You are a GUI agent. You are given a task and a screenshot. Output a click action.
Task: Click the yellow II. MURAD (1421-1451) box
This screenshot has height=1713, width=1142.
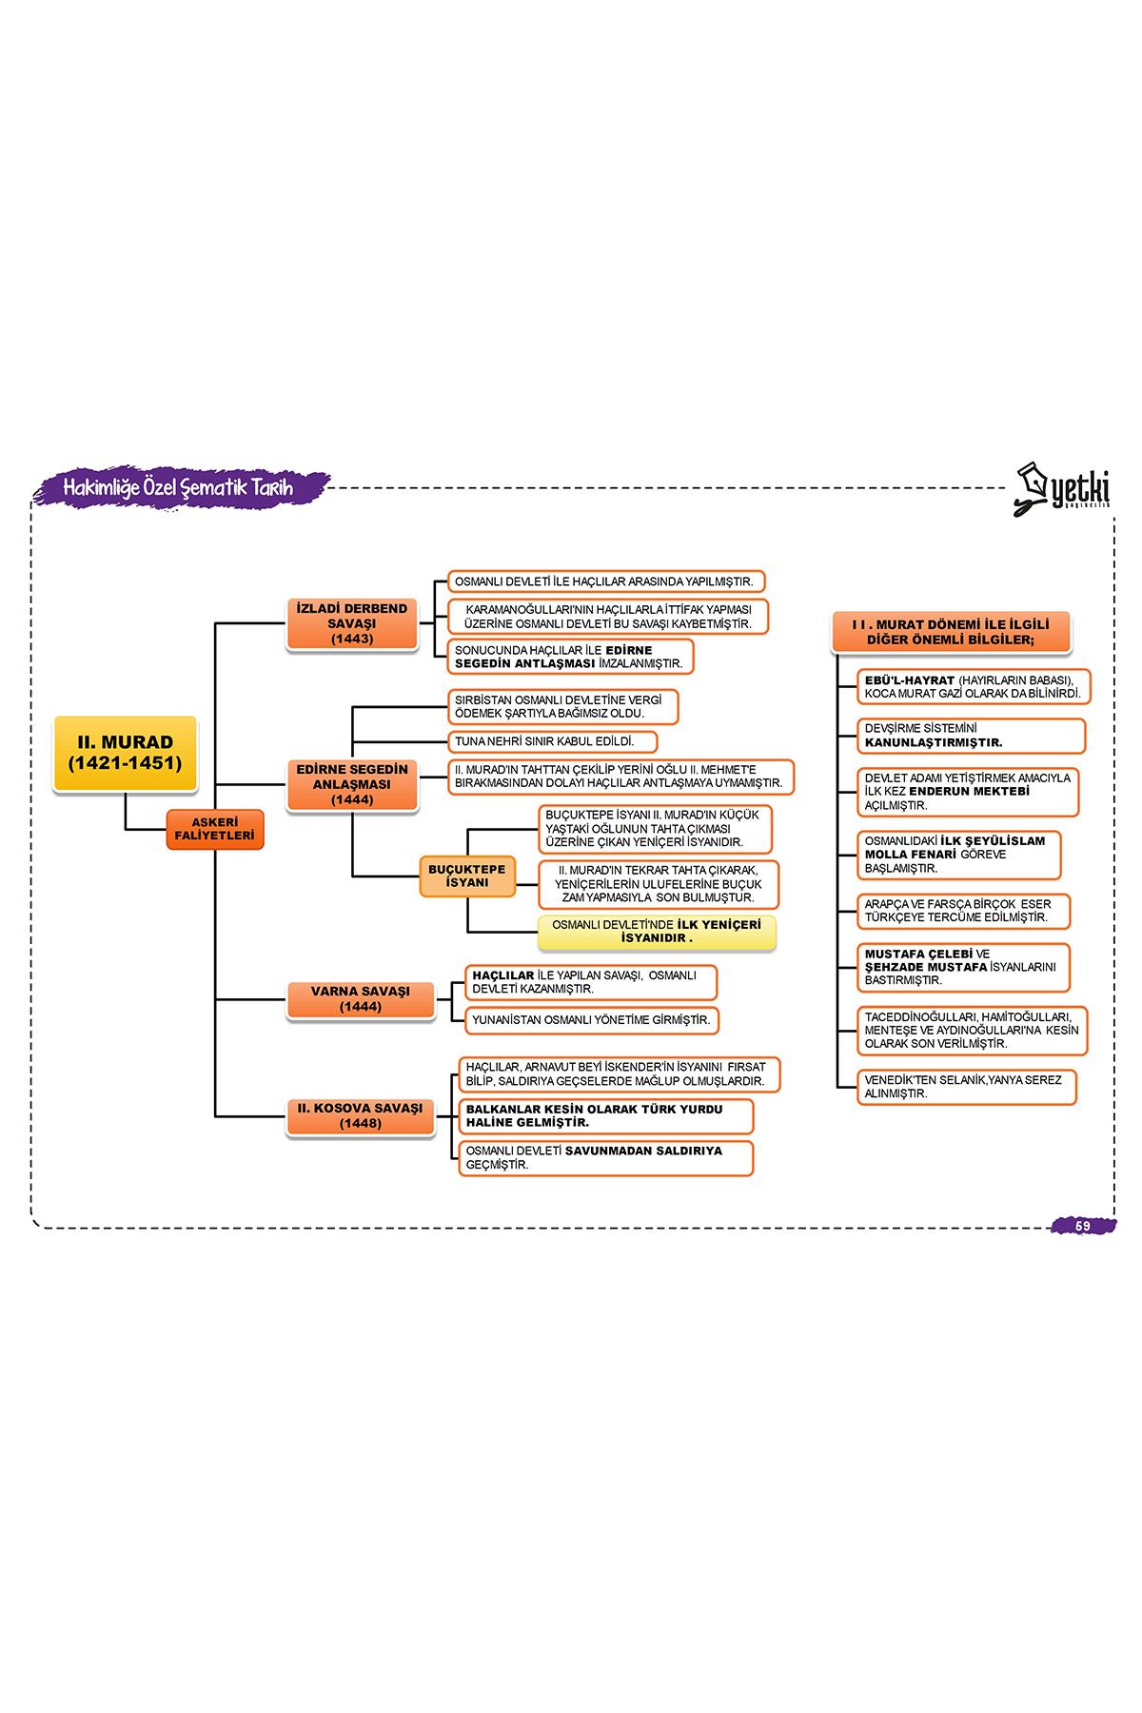pos(126,754)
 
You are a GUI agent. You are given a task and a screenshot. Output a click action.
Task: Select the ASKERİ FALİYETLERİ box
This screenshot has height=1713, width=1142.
pos(215,829)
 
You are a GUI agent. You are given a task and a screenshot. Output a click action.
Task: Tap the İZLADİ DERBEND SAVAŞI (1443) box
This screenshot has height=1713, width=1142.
pos(352,623)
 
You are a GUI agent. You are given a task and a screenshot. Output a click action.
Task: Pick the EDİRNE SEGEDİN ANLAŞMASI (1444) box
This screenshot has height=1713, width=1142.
pos(352,784)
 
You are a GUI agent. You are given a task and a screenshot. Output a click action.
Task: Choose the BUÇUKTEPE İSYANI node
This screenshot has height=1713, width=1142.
pos(467,876)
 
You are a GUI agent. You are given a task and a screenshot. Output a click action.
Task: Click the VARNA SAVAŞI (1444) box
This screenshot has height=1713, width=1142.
pos(360,998)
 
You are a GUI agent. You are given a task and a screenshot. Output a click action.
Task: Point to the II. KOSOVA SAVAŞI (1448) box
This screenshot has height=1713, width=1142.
pos(360,1115)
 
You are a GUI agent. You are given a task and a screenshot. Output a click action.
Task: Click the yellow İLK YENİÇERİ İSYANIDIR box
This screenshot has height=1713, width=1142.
pos(657,932)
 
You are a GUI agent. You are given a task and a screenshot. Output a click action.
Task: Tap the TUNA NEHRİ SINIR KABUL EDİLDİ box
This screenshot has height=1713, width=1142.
pos(551,741)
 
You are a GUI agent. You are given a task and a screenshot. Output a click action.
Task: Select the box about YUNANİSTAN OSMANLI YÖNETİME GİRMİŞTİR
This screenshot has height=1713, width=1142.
pos(591,1020)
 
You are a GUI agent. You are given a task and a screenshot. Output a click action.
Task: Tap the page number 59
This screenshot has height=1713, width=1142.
pos(1083,1226)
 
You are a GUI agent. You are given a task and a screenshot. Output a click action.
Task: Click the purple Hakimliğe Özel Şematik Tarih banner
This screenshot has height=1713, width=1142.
pos(181,487)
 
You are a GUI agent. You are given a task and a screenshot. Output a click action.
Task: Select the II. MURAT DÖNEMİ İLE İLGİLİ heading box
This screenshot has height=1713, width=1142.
pos(951,632)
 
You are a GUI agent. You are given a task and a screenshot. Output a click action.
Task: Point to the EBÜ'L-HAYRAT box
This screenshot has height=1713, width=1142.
pos(973,686)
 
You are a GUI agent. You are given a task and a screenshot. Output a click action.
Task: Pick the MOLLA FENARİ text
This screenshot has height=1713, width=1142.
pos(910,855)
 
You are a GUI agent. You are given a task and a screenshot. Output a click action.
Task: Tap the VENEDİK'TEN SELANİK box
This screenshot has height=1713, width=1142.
pos(966,1087)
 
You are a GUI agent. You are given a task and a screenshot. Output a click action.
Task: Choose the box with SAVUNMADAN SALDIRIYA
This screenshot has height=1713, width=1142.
pos(605,1157)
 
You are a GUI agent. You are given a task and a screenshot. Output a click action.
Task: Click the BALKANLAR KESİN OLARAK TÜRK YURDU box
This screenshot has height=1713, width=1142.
pos(605,1115)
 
